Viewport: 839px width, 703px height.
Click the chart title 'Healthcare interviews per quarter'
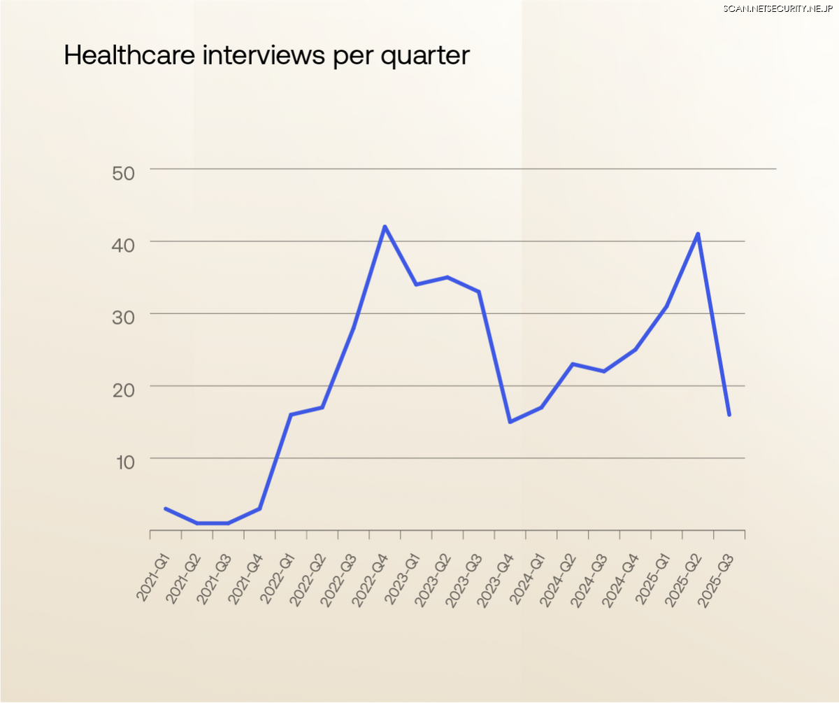tap(266, 55)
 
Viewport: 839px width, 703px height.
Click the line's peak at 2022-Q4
tap(385, 227)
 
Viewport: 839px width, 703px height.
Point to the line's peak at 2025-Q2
tap(698, 234)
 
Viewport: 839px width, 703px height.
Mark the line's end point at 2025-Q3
tap(729, 415)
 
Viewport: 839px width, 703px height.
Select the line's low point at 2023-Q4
tap(510, 422)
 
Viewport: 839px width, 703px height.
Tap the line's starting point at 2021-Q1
tap(165, 509)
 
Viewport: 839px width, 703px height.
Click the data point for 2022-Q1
tap(291, 415)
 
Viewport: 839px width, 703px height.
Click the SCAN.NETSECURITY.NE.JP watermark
tap(777, 8)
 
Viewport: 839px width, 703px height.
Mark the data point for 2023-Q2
tap(447, 277)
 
